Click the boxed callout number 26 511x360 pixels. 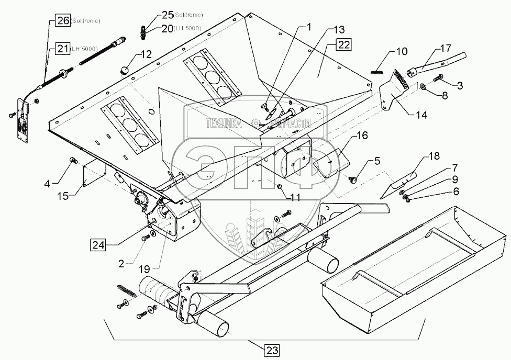tap(62, 21)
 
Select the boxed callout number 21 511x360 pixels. tap(62, 49)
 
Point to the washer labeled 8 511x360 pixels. tap(422, 87)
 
